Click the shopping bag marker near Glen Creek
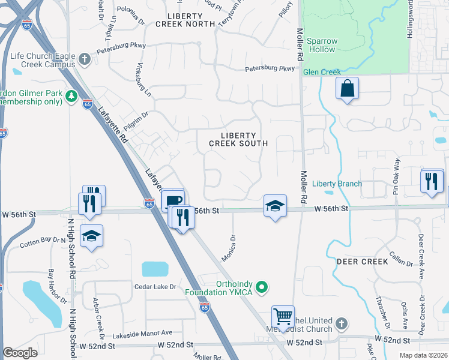(347, 88)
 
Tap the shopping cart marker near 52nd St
(283, 316)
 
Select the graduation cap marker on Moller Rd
(275, 206)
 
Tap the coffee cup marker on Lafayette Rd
(173, 199)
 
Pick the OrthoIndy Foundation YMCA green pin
(261, 288)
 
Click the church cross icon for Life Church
(85, 59)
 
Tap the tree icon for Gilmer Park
(71, 95)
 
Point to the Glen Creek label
(322, 72)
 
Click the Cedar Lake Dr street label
(155, 287)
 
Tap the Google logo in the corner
(20, 353)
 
